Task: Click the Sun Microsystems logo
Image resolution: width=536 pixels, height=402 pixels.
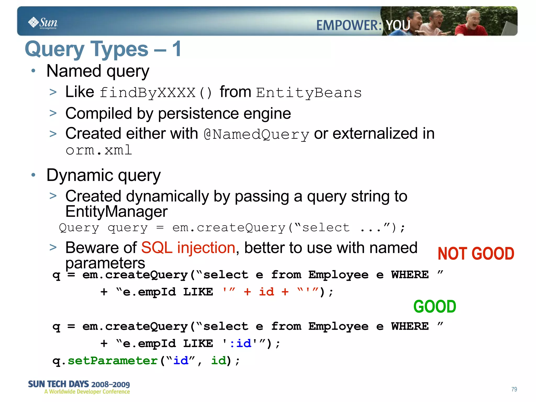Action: [43, 23]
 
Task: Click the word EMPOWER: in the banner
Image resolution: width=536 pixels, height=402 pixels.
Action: [349, 26]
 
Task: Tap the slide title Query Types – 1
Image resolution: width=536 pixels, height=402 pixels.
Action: [103, 49]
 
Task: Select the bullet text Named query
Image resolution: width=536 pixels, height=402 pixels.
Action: [98, 71]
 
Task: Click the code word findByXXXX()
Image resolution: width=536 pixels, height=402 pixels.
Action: [155, 93]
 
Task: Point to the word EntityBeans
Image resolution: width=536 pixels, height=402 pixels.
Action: [309, 93]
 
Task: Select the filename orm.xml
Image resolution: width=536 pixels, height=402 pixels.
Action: [99, 150]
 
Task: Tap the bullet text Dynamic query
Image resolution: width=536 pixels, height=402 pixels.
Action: [103, 175]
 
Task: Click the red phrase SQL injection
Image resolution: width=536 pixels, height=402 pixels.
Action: [188, 248]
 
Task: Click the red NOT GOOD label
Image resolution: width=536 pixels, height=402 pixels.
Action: [476, 254]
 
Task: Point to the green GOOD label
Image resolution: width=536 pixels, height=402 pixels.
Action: [435, 306]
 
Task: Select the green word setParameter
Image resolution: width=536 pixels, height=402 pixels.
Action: [113, 361]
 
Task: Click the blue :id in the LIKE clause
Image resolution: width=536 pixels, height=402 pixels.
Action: [240, 343]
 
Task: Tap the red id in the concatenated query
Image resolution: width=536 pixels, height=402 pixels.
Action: [266, 292]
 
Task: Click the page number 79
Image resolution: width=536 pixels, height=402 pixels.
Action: [514, 389]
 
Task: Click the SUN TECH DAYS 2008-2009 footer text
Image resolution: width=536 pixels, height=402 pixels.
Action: [79, 384]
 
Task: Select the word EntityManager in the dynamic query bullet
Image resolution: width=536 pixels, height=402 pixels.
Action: [116, 212]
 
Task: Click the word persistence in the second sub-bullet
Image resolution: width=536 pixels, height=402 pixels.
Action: [198, 114]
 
